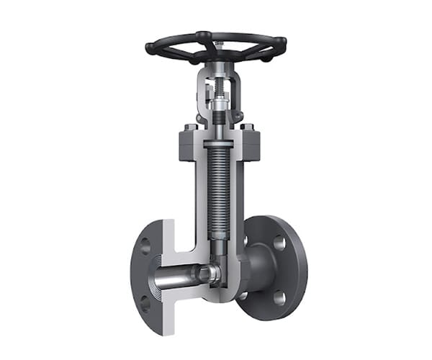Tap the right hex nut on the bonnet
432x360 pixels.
coord(248,129)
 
